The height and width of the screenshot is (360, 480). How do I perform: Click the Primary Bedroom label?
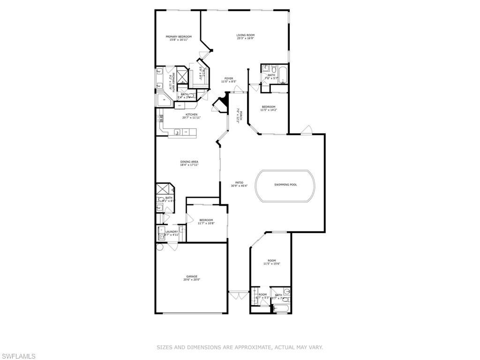[x=178, y=37]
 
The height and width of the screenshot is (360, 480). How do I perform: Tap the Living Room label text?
[x=245, y=35]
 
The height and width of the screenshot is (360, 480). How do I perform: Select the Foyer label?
[x=228, y=78]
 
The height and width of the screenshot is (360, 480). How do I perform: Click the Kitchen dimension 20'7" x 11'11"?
[x=191, y=118]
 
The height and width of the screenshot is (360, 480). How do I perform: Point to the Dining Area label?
[x=189, y=162]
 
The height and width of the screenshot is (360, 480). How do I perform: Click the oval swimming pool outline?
[x=285, y=185]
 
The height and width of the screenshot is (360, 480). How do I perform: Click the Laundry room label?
[x=171, y=231]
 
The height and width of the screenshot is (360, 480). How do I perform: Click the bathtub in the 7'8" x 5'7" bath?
[x=283, y=74]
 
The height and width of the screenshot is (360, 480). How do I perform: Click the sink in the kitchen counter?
[x=178, y=133]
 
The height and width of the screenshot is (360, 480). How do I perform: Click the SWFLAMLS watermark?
[x=18, y=356]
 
